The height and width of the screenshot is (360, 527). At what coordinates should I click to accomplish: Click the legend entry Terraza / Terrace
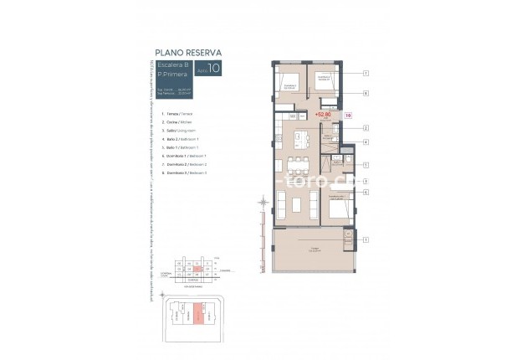(177, 113)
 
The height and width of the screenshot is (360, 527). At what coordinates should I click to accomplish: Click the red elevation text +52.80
(323, 114)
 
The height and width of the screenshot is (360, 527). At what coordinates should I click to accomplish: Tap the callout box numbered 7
(366, 74)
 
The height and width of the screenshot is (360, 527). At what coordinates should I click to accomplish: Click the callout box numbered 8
(366, 94)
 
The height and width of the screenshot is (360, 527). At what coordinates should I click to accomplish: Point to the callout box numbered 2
(366, 127)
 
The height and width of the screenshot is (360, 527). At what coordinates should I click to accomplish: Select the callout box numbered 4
(366, 142)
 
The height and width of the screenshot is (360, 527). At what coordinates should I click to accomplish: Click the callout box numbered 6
(366, 192)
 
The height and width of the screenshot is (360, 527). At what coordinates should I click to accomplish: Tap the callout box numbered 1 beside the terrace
(366, 239)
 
